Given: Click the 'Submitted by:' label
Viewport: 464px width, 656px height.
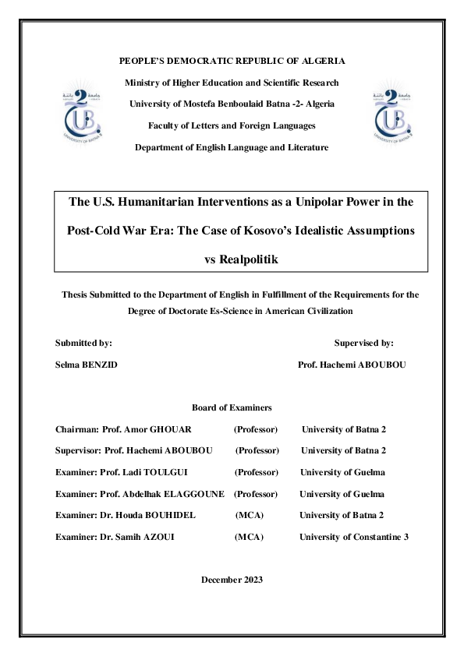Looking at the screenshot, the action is [x=83, y=342].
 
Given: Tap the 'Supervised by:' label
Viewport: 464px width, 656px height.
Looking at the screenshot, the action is [x=363, y=342].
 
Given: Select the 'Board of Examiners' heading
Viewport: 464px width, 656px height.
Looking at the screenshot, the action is [x=232, y=407].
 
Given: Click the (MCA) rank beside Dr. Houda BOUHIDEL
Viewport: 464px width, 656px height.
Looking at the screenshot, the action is [x=250, y=515].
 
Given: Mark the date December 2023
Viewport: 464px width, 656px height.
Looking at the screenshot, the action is [x=232, y=580].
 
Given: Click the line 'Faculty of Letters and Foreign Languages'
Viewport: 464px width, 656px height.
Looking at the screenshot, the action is [x=232, y=125].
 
